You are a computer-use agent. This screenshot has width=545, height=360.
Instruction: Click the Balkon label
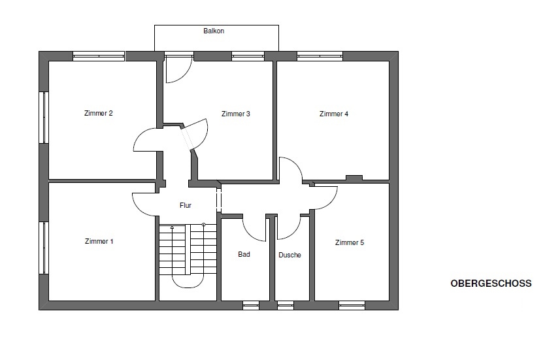pyautogui.click(x=214, y=31)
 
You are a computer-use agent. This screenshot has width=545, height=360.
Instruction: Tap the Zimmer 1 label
pyautogui.click(x=99, y=241)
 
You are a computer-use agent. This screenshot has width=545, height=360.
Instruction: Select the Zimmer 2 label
pyautogui.click(x=99, y=113)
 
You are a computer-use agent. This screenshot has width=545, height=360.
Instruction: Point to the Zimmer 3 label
pyautogui.click(x=236, y=114)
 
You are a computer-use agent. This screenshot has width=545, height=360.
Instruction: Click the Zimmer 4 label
pyautogui.click(x=334, y=114)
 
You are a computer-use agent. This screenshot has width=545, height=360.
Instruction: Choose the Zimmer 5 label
pyautogui.click(x=350, y=242)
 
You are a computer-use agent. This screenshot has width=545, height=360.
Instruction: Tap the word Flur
pyautogui.click(x=186, y=205)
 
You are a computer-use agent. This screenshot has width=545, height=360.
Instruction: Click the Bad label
pyautogui.click(x=244, y=254)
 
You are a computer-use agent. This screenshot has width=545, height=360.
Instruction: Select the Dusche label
pyautogui.click(x=289, y=255)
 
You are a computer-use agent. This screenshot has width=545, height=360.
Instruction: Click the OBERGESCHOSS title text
pyautogui.click(x=491, y=284)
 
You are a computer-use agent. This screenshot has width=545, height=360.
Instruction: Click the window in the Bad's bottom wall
pyautogui.click(x=250, y=305)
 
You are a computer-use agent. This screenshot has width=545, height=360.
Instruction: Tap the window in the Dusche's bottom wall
pyautogui.click(x=286, y=305)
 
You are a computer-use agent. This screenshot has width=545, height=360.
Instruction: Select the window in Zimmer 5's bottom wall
pyautogui.click(x=352, y=305)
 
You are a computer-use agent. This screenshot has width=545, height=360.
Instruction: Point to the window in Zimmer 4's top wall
pyautogui.click(x=320, y=56)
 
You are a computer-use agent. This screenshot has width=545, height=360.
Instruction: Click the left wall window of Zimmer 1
pyautogui.click(x=44, y=248)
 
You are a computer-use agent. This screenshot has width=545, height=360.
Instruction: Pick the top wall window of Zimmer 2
pyautogui.click(x=99, y=56)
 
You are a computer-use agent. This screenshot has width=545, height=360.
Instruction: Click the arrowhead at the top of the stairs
pyautogui.click(x=172, y=227)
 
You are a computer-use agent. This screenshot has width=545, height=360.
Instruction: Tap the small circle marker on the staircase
pyautogui.click(x=203, y=225)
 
